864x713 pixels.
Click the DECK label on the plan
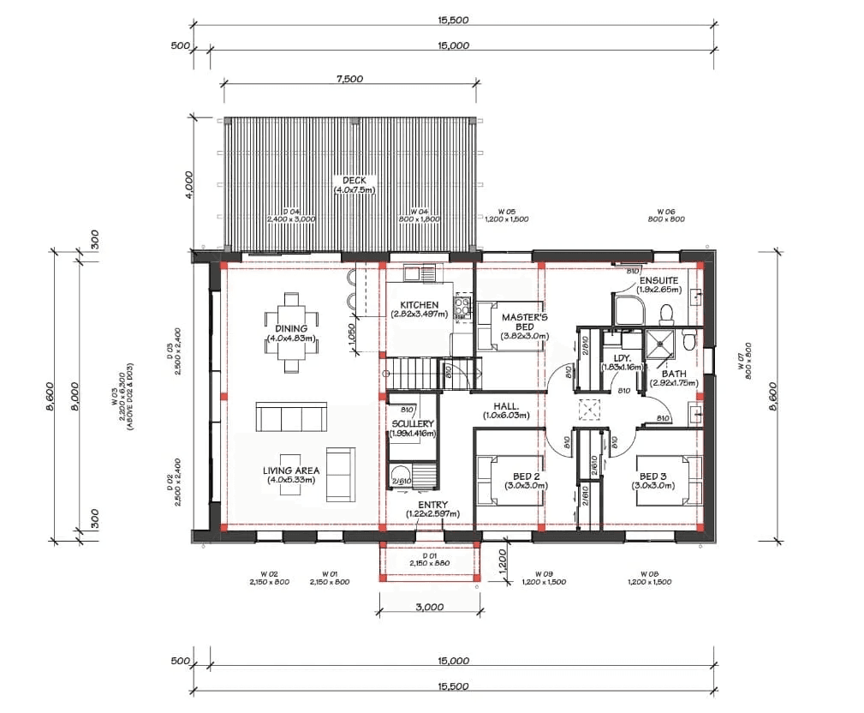[355, 180]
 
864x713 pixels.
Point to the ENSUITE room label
[658, 281]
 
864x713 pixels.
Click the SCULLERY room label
[413, 424]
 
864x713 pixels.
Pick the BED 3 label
[653, 476]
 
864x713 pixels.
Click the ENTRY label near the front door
[432, 505]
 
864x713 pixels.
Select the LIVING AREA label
[291, 470]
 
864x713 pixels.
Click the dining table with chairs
[292, 332]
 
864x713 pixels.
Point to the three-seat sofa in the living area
[291, 417]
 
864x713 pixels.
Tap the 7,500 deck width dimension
[349, 79]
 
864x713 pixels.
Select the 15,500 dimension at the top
[453, 20]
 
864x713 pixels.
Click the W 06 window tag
[666, 212]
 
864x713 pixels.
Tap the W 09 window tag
[543, 573]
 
